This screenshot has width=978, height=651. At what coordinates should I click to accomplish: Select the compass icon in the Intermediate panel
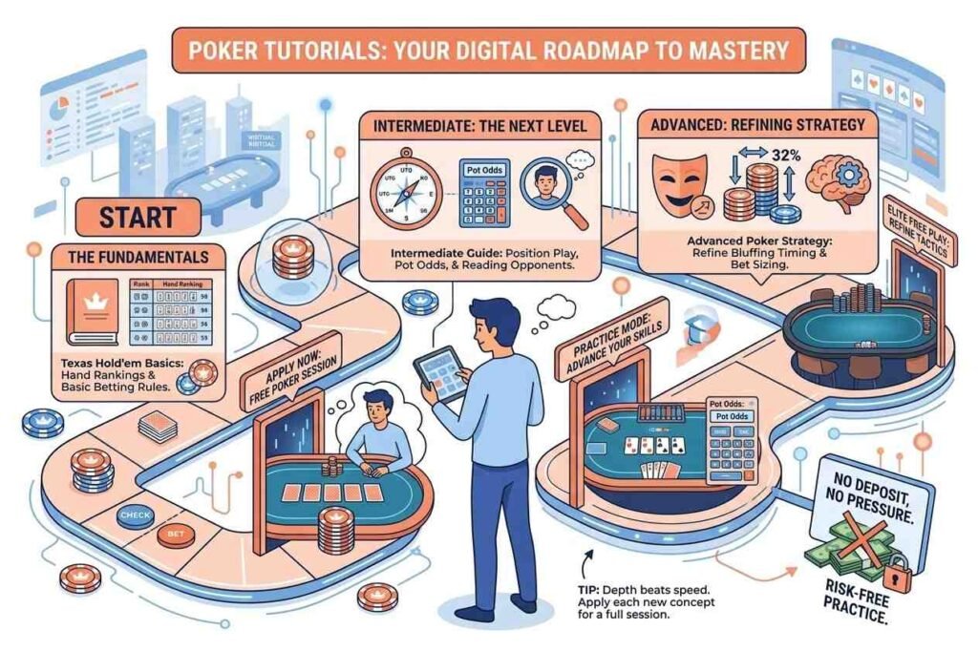pyautogui.click(x=404, y=186)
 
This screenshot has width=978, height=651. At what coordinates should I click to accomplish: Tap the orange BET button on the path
pyautogui.click(x=173, y=535)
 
